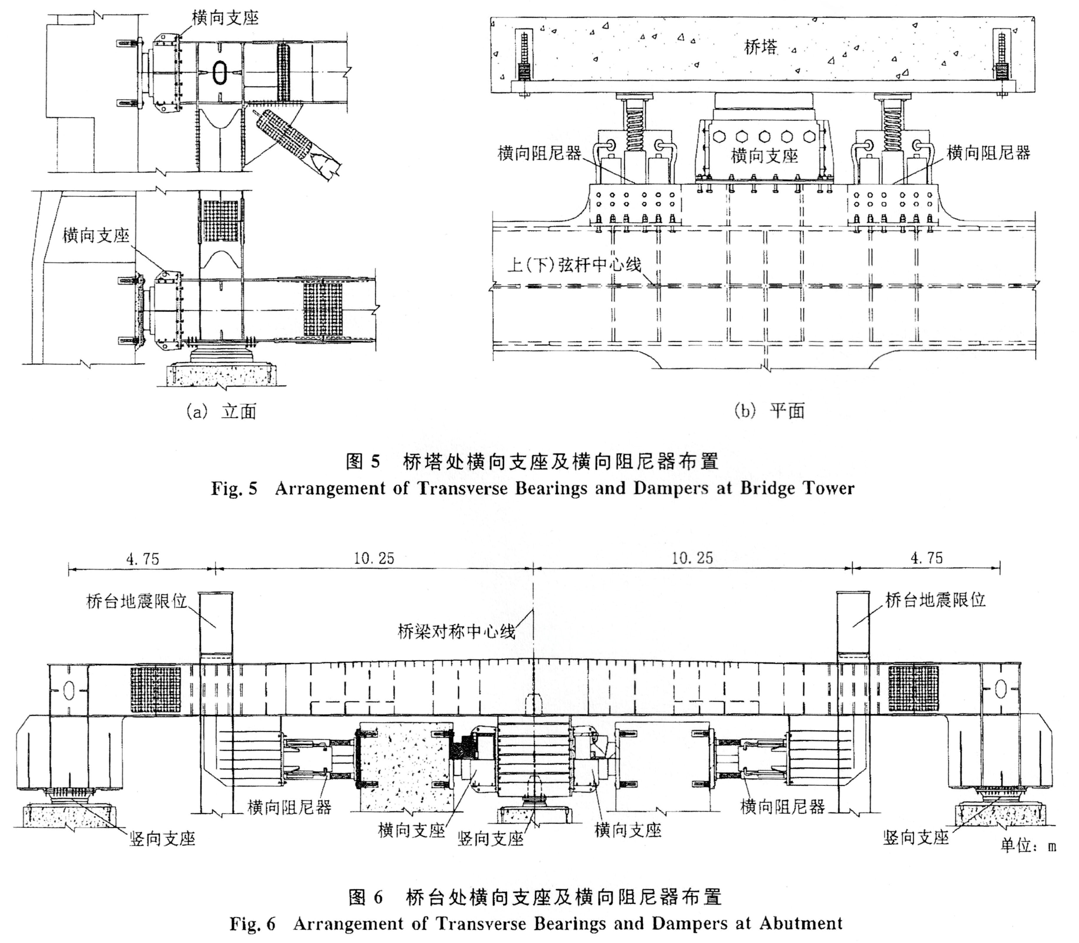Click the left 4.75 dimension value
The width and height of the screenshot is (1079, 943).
click(x=142, y=558)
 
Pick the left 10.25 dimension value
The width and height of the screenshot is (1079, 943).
click(x=374, y=558)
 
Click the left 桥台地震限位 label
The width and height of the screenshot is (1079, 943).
click(x=137, y=601)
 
